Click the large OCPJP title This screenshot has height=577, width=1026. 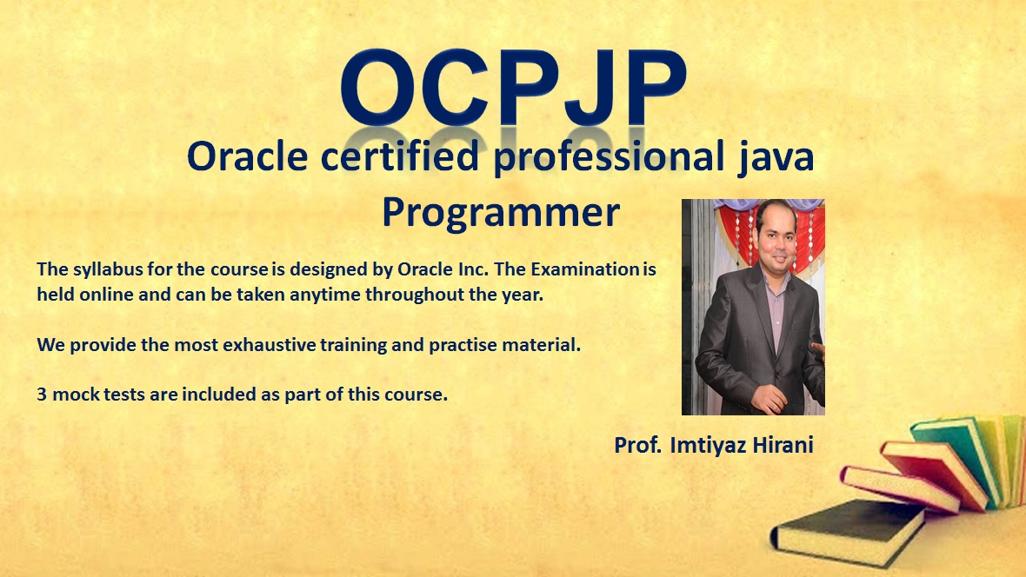[x=513, y=88]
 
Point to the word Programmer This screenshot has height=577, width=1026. [x=501, y=213]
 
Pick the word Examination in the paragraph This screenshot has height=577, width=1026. [x=584, y=269]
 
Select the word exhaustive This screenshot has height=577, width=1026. [x=269, y=345]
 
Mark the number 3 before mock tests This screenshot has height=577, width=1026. [x=41, y=395]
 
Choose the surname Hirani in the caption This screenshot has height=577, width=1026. [x=783, y=445]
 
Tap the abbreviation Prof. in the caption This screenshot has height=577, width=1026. [x=638, y=445]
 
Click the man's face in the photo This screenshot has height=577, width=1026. [x=775, y=232]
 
